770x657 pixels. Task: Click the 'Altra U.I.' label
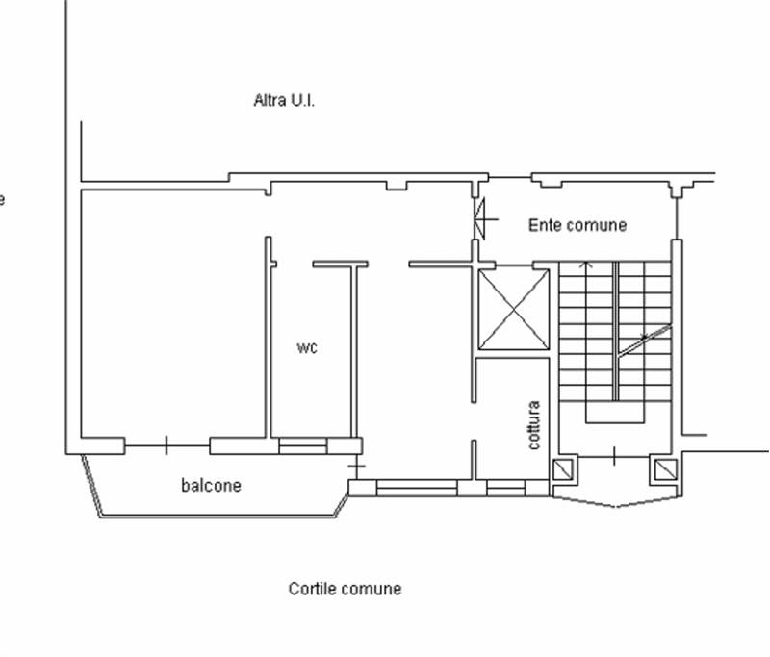pos(284,101)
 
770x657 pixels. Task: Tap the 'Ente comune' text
pos(577,225)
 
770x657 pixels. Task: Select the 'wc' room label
pos(307,348)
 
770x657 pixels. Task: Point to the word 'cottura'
pos(534,425)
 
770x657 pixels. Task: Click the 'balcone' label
pos(211,485)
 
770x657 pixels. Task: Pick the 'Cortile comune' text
pos(345,589)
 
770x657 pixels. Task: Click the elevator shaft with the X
pos(514,310)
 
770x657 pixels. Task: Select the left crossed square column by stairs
pos(563,469)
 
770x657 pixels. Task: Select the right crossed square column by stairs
pos(666,469)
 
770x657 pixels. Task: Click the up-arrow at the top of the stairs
pos(585,265)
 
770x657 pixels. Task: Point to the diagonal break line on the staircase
pos(644,340)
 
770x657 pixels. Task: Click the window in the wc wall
pos(303,445)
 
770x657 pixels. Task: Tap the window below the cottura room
pos(506,489)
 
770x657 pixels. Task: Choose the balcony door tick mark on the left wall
pos(167,445)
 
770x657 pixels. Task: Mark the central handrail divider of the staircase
pos(615,331)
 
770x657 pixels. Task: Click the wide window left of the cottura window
pos(417,489)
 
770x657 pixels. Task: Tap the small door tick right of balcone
pos(356,466)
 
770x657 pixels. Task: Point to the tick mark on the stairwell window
pos(614,456)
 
